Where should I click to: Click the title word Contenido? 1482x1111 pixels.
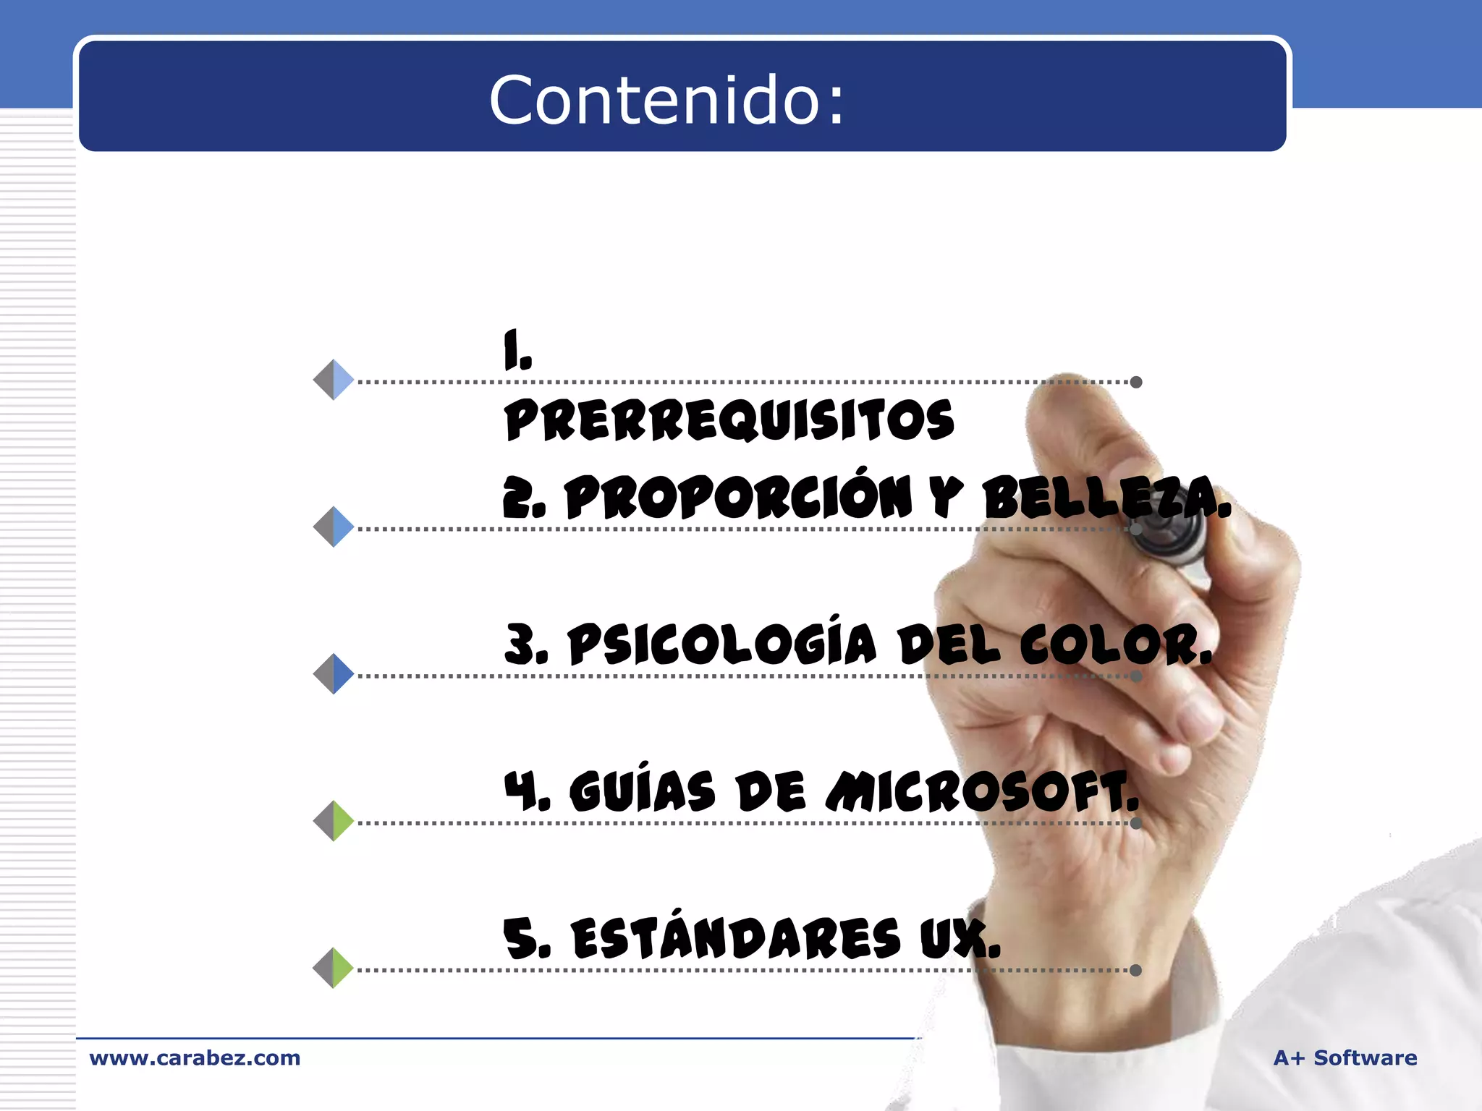pyautogui.click(x=666, y=100)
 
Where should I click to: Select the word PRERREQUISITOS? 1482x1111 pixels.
pyautogui.click(x=729, y=420)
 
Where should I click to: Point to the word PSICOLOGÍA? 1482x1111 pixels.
pyautogui.click(x=722, y=644)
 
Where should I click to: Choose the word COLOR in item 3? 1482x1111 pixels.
pyautogui.click(x=1114, y=644)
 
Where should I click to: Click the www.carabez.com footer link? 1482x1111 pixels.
pyautogui.click(x=195, y=1057)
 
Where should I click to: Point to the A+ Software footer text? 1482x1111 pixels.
pyautogui.click(x=1345, y=1057)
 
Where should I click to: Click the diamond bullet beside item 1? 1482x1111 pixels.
pyautogui.click(x=334, y=380)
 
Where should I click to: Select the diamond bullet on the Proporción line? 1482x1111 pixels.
pyautogui.click(x=334, y=527)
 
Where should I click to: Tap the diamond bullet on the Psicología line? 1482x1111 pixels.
pyautogui.click(x=334, y=673)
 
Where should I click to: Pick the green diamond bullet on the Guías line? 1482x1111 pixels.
pyautogui.click(x=334, y=821)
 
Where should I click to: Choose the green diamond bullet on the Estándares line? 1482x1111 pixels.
pyautogui.click(x=334, y=968)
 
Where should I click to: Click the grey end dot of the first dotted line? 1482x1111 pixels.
pyautogui.click(x=1136, y=382)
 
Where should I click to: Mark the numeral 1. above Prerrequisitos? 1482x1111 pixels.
pyautogui.click(x=517, y=349)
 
